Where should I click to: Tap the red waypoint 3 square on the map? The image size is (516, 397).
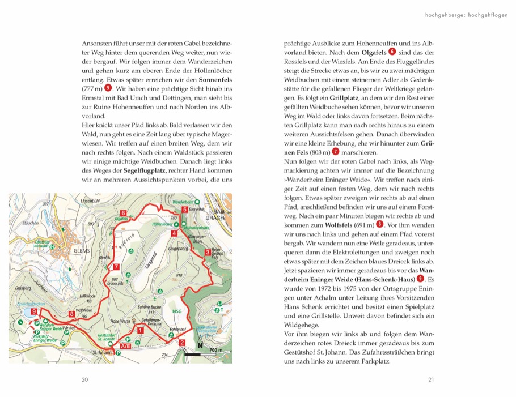(208, 252)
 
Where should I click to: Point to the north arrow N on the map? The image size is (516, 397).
(200, 345)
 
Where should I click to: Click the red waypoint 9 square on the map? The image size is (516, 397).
(35, 311)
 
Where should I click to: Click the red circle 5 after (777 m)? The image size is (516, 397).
(108, 88)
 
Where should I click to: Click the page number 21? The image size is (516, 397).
(431, 379)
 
